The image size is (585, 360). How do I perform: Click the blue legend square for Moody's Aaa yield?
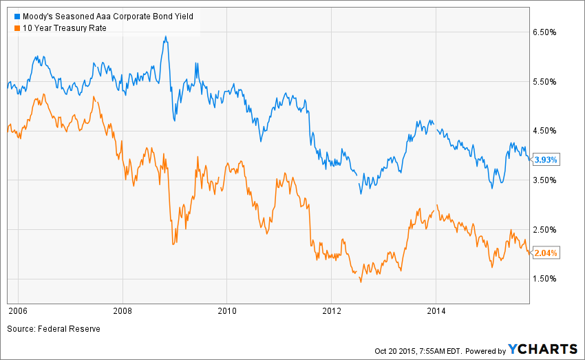pos(9,15)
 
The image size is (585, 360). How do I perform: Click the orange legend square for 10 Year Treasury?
pos(9,28)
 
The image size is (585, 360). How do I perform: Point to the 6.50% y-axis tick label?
pos(549,32)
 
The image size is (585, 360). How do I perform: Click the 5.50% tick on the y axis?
pos(549,82)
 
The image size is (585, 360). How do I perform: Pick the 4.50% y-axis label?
pos(549,131)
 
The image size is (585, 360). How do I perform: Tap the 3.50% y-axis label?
pos(549,180)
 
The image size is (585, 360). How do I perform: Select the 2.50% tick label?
pos(549,229)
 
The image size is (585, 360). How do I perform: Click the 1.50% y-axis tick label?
pos(549,279)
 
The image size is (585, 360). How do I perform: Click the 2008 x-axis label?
pos(123,311)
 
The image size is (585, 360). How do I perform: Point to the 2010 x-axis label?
pos(227,311)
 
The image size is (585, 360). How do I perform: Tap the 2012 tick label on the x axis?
pos(332,311)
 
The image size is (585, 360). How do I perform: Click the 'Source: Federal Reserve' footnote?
pos(54,329)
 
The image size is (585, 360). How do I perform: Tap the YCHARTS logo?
pos(543,350)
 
